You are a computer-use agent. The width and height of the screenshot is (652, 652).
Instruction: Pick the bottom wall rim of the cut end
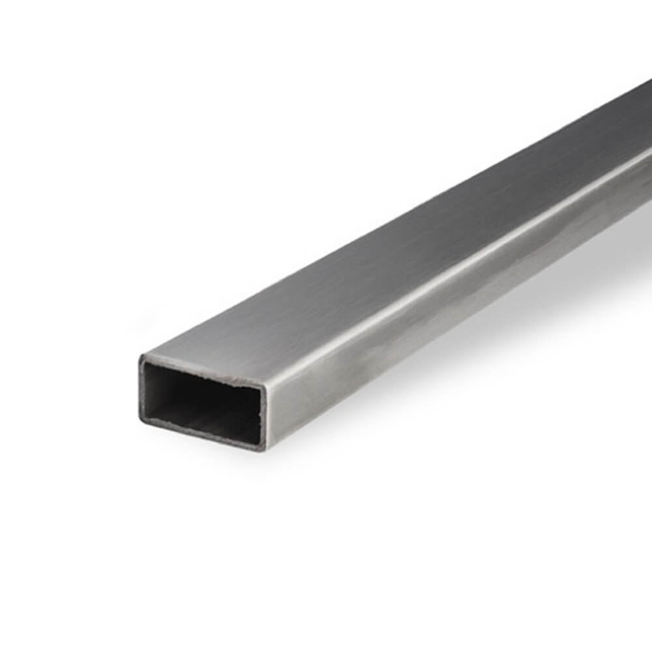pyautogui.click(x=202, y=436)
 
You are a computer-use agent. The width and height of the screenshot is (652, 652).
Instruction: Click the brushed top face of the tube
pyautogui.click(x=391, y=261)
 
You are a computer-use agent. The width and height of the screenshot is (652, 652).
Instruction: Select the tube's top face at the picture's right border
pyautogui.click(x=645, y=117)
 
